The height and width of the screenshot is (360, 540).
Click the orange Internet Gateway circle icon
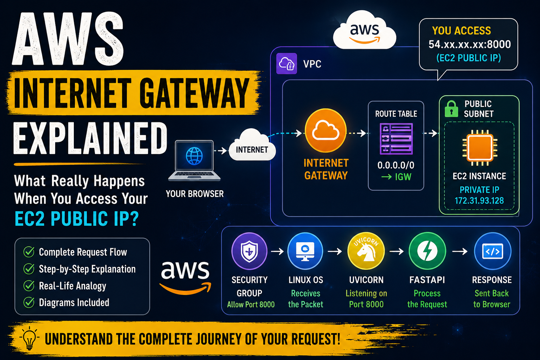pyautogui.click(x=326, y=130)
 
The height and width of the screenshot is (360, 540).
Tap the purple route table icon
pyautogui.click(x=396, y=139)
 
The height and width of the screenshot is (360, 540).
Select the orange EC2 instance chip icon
pyautogui.click(x=480, y=148)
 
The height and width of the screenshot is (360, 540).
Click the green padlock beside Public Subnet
pyautogui.click(x=451, y=109)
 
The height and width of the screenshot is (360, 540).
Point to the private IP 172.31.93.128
pyautogui.click(x=479, y=201)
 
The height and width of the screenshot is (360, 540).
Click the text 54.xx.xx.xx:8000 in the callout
pyautogui.click(x=470, y=44)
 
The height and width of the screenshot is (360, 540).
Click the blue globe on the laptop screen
pyautogui.click(x=194, y=156)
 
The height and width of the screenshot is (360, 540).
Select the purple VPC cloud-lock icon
pyautogui.click(x=287, y=64)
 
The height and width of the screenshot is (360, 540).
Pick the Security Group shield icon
pyautogui.click(x=249, y=251)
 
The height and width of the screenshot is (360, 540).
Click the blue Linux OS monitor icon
pyautogui.click(x=305, y=251)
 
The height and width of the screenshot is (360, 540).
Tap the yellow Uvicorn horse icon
pyautogui.click(x=366, y=251)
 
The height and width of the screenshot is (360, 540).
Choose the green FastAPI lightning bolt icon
pyautogui.click(x=427, y=251)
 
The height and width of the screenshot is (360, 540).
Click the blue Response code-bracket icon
pyautogui.click(x=493, y=251)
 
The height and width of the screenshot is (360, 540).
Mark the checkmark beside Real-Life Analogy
pyautogui.click(x=29, y=286)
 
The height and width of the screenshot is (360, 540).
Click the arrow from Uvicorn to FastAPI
pyautogui.click(x=397, y=251)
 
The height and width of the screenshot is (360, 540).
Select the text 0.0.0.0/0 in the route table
pyautogui.click(x=396, y=165)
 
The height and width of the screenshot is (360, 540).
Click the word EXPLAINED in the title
pyautogui.click(x=90, y=138)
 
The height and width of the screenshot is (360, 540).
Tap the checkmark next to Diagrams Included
pyautogui.click(x=29, y=302)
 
